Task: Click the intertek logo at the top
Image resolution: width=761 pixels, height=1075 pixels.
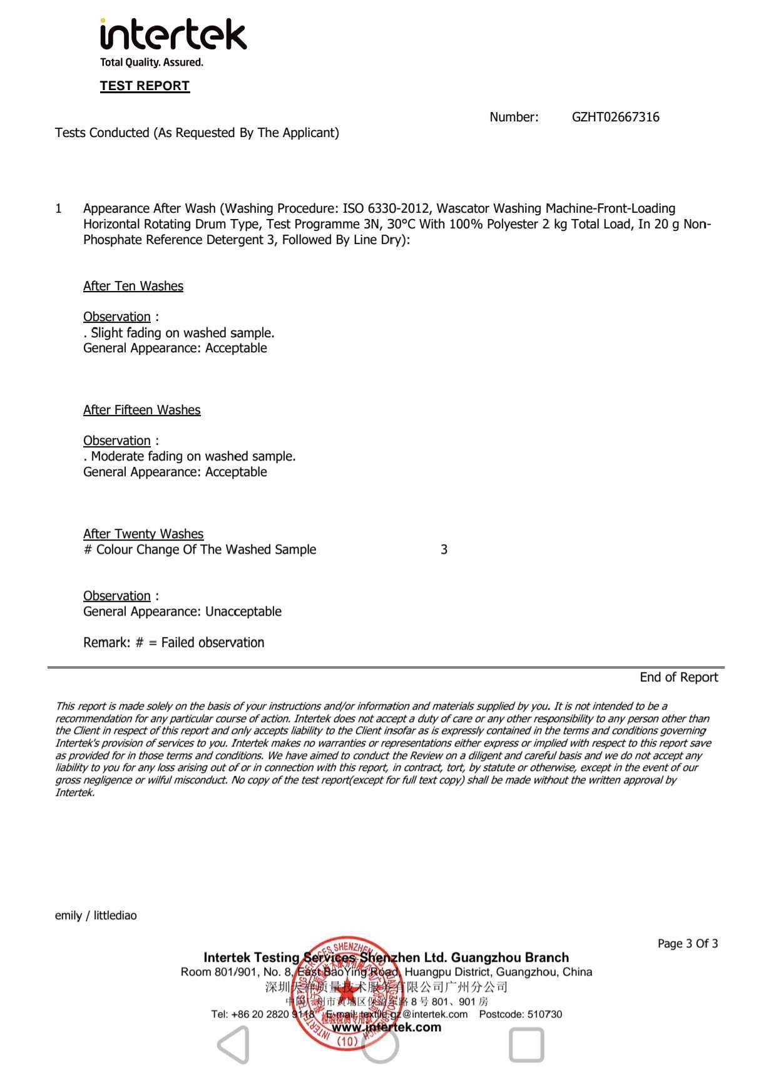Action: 173,35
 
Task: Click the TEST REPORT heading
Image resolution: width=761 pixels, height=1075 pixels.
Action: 145,86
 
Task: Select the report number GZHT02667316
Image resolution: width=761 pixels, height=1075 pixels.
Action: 615,117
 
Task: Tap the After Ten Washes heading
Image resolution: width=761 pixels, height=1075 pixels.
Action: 133,286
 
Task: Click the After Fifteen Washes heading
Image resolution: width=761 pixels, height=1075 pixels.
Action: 142,410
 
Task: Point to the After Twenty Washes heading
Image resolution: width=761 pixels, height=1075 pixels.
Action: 143,534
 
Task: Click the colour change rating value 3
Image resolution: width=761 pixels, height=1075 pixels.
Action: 444,549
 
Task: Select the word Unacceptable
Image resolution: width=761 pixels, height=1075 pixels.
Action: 243,611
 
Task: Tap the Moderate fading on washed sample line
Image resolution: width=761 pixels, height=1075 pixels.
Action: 191,456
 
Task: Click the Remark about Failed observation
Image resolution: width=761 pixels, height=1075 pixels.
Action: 173,642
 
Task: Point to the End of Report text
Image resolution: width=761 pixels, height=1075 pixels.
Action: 678,677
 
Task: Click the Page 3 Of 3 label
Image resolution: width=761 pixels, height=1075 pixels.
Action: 687,944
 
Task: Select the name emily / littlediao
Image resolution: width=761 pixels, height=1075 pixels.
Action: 96,915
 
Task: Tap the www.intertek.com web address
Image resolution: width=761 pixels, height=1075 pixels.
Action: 386,1027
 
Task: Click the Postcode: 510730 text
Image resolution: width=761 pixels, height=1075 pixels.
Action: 520,1014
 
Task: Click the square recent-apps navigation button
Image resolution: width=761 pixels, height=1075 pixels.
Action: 526,1045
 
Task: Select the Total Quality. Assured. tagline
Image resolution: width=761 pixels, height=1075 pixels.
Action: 151,62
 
